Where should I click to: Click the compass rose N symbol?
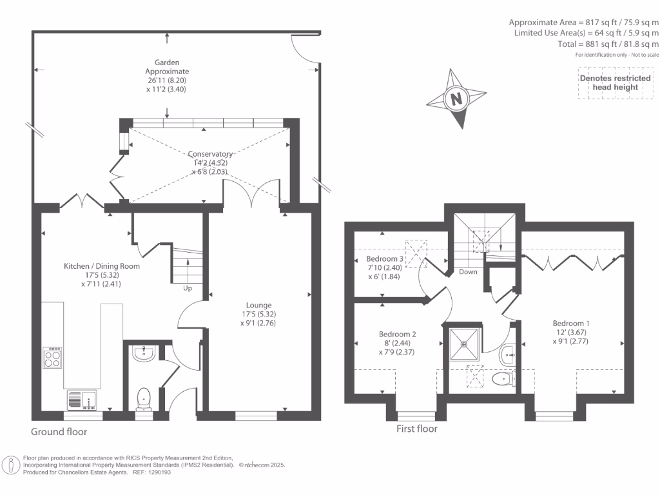(456, 99)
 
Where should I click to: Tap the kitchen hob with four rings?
(52, 357)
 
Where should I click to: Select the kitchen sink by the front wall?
(82, 400)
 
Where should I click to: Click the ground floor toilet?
(144, 400)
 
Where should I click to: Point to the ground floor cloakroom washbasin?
(144, 353)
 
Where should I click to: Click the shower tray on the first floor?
(464, 344)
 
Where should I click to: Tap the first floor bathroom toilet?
(503, 378)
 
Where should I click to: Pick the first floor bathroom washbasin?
(507, 356)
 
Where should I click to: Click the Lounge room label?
(258, 305)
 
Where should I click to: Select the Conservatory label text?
(210, 153)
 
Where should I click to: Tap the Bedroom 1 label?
(571, 324)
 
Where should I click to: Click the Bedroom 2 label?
(397, 335)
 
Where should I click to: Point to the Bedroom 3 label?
(385, 258)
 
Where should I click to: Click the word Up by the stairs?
(188, 288)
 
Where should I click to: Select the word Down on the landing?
(468, 272)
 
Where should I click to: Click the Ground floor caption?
(59, 432)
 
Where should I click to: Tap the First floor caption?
(417, 429)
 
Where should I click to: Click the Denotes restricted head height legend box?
(616, 83)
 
